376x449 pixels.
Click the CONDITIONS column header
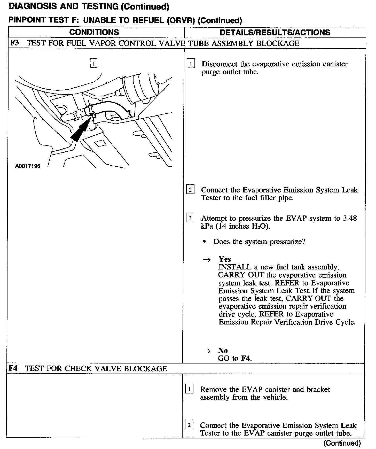click(x=94, y=32)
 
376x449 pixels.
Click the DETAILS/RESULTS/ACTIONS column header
click(x=275, y=33)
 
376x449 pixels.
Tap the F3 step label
click(x=14, y=43)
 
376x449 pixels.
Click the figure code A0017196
click(x=28, y=166)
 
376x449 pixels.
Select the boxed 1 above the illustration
click(x=94, y=63)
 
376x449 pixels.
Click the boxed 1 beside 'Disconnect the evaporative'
click(x=191, y=64)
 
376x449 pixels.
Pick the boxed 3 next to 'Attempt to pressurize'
click(x=190, y=218)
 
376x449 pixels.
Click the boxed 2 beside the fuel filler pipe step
click(x=190, y=190)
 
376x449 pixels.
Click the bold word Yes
click(x=225, y=259)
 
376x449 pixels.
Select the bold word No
click(x=223, y=350)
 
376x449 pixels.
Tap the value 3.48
click(x=350, y=218)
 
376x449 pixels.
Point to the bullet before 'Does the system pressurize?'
click(x=205, y=242)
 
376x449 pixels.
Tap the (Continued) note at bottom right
click(x=342, y=443)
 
